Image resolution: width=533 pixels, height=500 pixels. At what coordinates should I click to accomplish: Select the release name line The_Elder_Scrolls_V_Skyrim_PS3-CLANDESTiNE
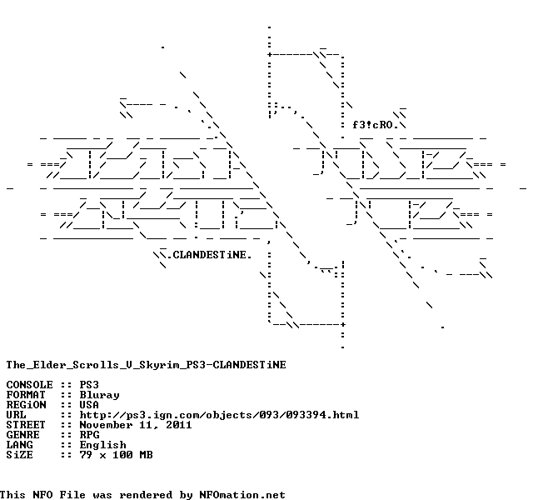click(146, 365)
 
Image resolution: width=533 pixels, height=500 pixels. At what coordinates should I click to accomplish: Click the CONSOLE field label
click(29, 385)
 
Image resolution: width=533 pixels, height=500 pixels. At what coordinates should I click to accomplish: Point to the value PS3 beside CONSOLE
click(89, 385)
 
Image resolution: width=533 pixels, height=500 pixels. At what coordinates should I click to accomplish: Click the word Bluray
click(99, 395)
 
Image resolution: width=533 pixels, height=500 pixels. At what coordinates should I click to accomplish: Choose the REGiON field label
click(26, 405)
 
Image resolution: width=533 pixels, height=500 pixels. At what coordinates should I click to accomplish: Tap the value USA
click(89, 405)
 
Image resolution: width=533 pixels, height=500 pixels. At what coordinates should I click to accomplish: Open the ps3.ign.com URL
click(219, 415)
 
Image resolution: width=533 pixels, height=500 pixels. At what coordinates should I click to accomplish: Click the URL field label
click(16, 415)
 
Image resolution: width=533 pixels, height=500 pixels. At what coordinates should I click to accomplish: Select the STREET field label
click(26, 425)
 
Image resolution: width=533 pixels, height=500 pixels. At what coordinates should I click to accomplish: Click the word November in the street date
click(106, 425)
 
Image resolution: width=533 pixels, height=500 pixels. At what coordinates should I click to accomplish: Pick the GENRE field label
click(22, 435)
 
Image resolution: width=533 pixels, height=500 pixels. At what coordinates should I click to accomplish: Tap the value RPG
click(89, 435)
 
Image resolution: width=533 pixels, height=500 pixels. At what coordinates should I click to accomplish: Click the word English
click(102, 445)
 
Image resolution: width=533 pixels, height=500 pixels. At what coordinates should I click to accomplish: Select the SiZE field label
click(19, 455)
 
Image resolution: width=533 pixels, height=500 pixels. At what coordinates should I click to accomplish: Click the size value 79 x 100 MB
click(116, 455)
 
